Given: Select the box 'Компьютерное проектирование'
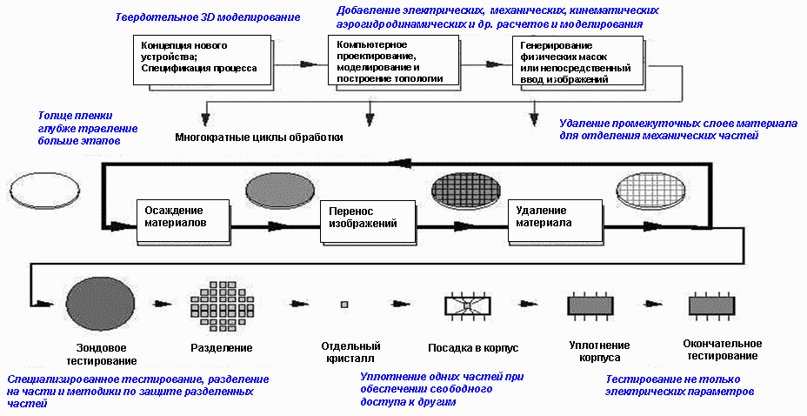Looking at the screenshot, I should click(x=392, y=60).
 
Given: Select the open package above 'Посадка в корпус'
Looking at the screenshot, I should click(x=469, y=306).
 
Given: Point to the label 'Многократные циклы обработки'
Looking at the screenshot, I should click(x=259, y=138).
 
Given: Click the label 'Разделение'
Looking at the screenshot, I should click(x=222, y=348).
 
